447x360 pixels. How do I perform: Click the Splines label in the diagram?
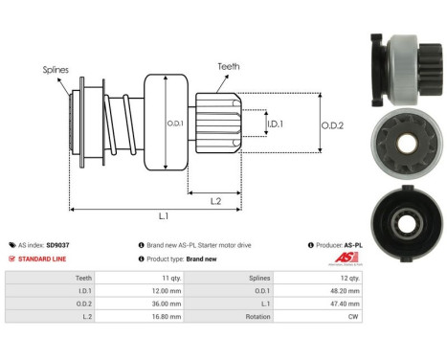[x=56, y=70]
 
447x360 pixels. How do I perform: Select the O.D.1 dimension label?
[x=174, y=121]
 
